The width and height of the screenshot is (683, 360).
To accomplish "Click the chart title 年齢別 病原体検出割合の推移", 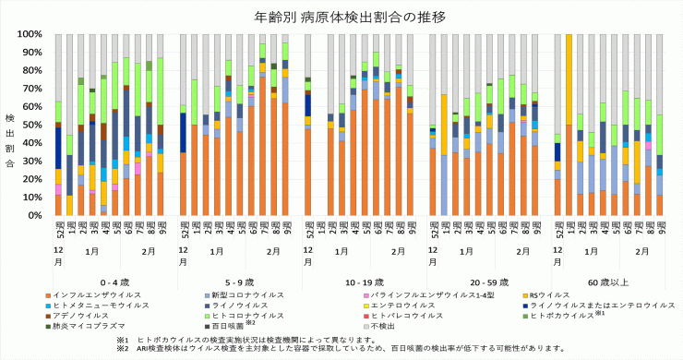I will click(x=341, y=17).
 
